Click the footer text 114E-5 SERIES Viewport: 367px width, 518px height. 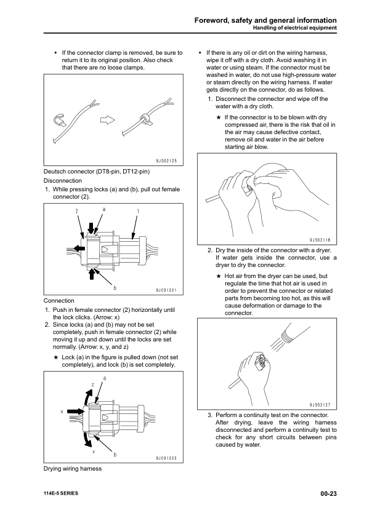tap(61, 493)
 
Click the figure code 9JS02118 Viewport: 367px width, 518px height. tap(320, 241)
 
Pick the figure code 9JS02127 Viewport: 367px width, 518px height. tap(320, 405)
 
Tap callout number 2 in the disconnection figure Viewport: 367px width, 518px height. tap(77, 211)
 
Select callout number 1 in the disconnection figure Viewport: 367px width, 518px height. tap(138, 212)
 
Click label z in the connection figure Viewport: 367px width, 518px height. tap(92, 385)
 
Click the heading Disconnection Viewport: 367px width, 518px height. tap(63, 181)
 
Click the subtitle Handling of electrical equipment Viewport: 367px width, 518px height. tap(294, 28)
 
